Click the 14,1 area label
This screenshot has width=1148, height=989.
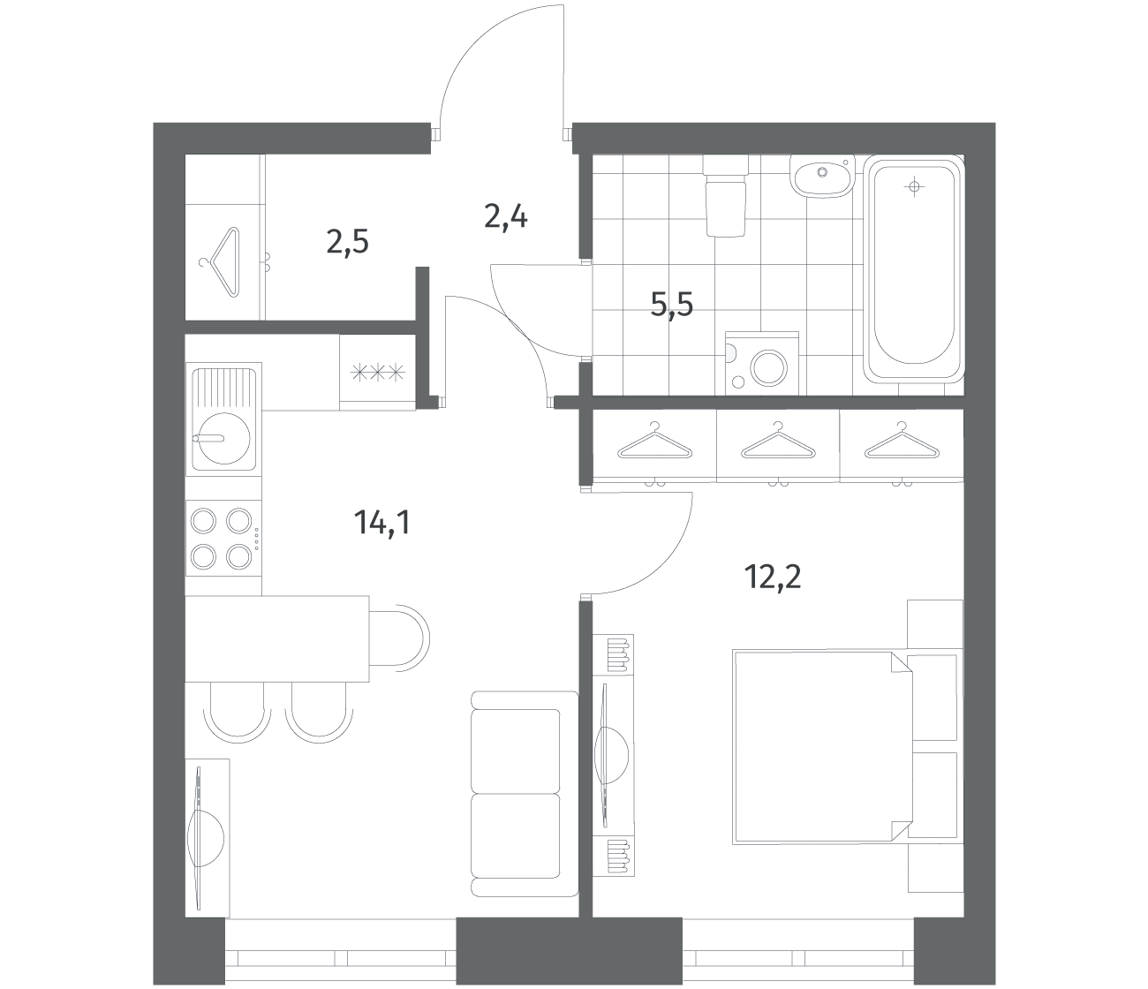[x=382, y=523]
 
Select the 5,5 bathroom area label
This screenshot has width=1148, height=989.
[x=671, y=305]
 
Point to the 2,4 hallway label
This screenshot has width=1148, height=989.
[x=505, y=216]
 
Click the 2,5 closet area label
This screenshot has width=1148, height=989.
[x=348, y=242]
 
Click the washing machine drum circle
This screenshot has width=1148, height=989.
[x=768, y=367]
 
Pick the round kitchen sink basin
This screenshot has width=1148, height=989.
[x=224, y=439]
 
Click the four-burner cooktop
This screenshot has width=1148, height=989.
[x=223, y=540]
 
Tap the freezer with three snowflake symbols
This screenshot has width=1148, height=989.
[x=378, y=372]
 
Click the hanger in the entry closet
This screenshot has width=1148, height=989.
[x=220, y=261]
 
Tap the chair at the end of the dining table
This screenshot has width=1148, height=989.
[x=399, y=639]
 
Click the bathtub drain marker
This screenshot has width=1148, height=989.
[x=914, y=187]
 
